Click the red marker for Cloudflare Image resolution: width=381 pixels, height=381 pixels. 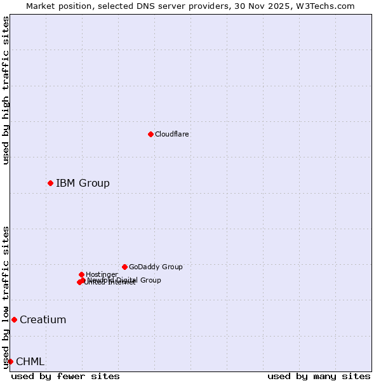[x=150, y=134]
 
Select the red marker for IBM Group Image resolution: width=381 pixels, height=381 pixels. [x=50, y=183]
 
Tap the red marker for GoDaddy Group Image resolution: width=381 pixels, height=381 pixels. [x=124, y=267]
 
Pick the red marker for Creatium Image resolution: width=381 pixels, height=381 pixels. [x=14, y=319]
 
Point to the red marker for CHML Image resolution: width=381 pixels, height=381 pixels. [x=10, y=361]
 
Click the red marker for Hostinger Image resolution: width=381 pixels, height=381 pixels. [x=81, y=274]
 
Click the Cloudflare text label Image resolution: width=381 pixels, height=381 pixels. [x=171, y=134]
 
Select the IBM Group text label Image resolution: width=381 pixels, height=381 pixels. [x=83, y=183]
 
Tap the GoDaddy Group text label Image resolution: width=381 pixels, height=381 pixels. [x=156, y=267]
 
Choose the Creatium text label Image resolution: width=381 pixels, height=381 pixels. [x=43, y=319]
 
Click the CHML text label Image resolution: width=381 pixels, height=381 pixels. [x=30, y=361]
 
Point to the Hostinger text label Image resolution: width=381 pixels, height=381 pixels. [x=102, y=274]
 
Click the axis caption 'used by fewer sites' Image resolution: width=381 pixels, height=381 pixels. [x=65, y=376]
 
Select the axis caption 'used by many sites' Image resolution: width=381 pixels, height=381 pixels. [x=319, y=376]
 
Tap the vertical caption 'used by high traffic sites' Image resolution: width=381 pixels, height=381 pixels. [x=6, y=90]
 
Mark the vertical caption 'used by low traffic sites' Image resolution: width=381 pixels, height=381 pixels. [x=6, y=297]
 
